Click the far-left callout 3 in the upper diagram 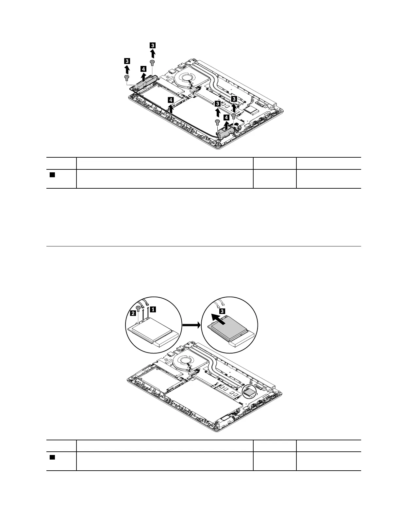[x=127, y=61]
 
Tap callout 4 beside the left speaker [x=143, y=69]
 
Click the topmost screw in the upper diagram [x=152, y=62]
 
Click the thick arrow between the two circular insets [x=191, y=325]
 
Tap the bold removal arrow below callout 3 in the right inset [x=217, y=319]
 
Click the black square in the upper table [x=52, y=175]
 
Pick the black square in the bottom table [x=52, y=457]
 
